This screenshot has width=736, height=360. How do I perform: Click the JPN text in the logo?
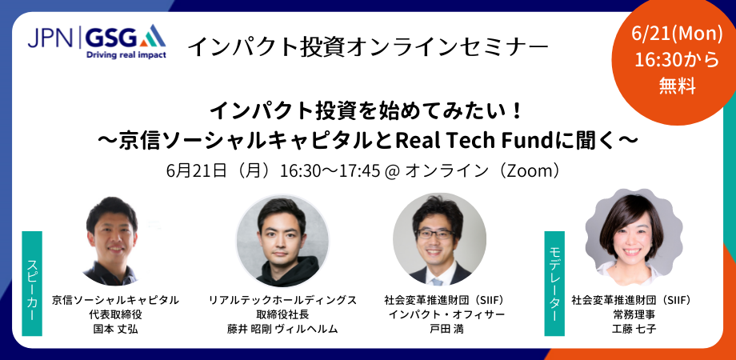point(50,38)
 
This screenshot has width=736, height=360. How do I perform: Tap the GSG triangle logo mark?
point(152,36)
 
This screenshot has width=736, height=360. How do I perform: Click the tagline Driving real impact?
point(126,55)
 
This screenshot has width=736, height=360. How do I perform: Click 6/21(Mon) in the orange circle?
point(676,34)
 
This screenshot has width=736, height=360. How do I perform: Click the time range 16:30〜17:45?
point(330,171)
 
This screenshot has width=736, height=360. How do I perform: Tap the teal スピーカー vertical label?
point(32,283)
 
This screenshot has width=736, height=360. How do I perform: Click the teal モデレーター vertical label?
point(554,283)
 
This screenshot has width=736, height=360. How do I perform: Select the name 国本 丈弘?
point(115,329)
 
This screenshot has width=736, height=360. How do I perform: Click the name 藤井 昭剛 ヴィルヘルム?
point(282,329)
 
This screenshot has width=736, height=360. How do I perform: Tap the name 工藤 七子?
point(631,329)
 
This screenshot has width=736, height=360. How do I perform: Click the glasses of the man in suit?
point(435,234)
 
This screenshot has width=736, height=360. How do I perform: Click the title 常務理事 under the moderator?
point(631,314)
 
